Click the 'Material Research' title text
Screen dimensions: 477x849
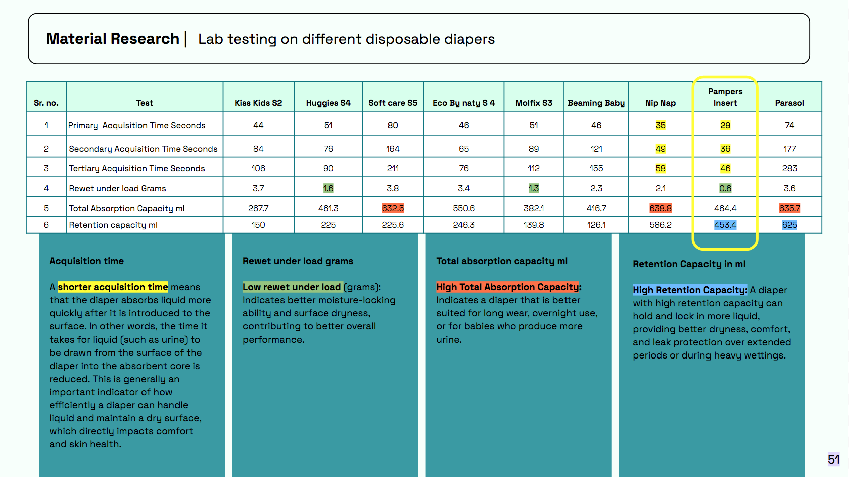coord(112,39)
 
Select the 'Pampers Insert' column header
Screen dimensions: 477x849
coord(725,97)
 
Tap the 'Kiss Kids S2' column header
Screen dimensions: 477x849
coord(258,103)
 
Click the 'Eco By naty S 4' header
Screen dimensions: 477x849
coord(464,103)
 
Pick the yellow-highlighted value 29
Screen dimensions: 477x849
coord(725,125)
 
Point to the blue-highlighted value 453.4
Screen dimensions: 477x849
coord(725,225)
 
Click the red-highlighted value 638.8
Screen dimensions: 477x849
coord(660,208)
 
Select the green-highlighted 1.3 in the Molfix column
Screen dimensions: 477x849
coord(533,188)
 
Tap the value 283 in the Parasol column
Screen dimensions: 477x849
coord(789,168)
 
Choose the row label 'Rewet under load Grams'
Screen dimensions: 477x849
coord(117,188)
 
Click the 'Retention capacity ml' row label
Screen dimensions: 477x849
coord(113,225)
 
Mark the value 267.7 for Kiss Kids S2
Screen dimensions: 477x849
coord(258,208)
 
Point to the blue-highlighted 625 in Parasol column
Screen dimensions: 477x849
coord(789,225)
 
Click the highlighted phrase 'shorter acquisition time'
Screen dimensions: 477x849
coord(113,287)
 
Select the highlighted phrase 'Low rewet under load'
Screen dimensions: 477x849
coord(292,287)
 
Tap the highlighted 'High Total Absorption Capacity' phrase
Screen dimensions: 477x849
coord(507,287)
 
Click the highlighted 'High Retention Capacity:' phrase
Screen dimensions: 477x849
coord(690,290)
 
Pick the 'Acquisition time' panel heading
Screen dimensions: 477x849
coord(87,261)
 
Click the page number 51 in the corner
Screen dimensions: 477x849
coord(833,459)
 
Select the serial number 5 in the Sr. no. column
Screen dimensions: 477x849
coord(46,208)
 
